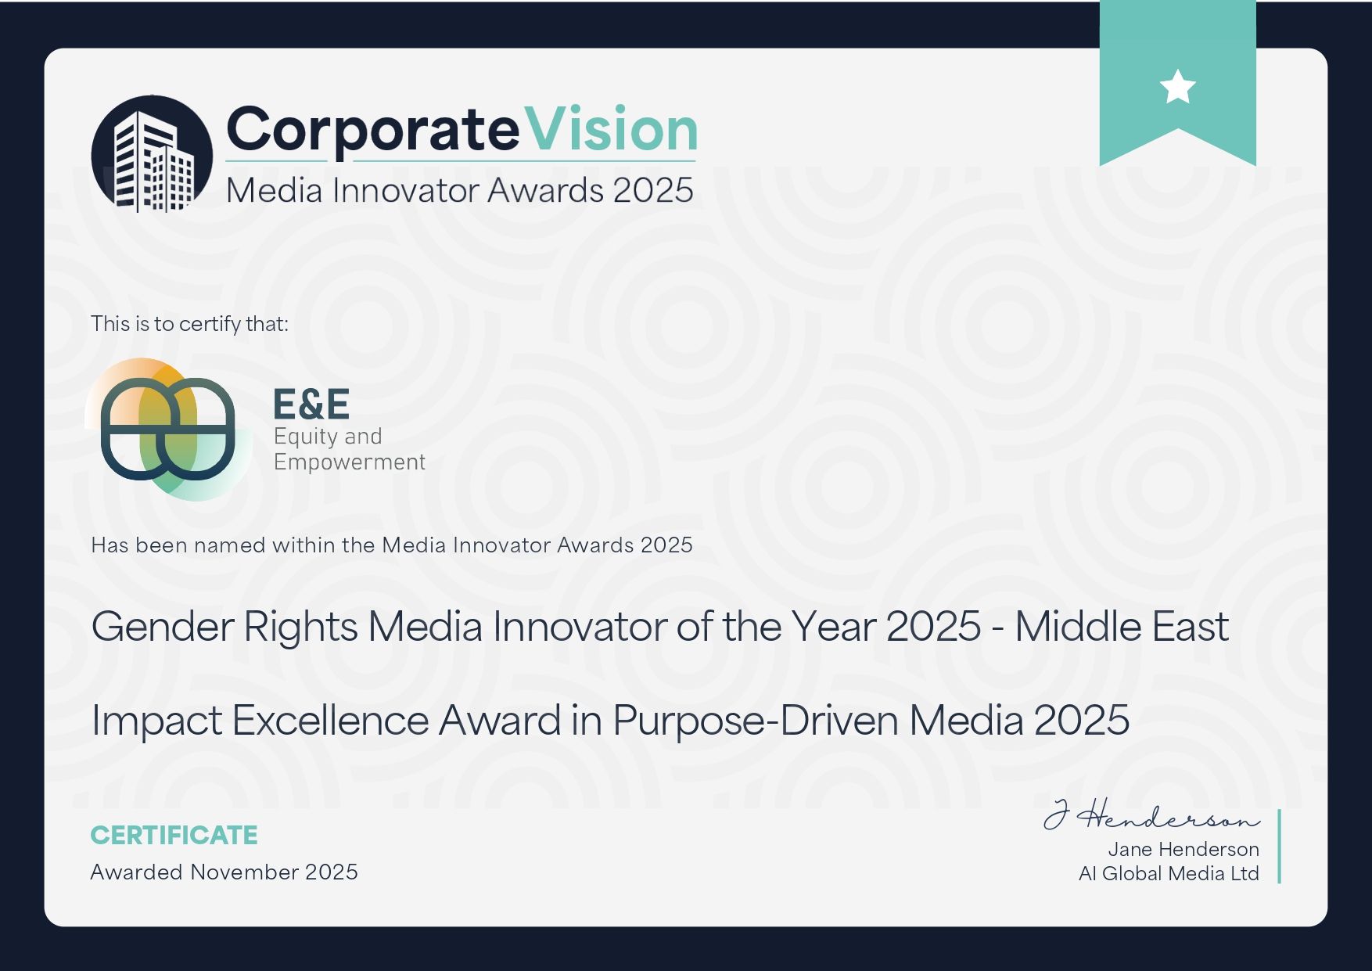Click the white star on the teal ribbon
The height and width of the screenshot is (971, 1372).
[1177, 86]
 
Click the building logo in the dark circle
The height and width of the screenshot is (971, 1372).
[153, 154]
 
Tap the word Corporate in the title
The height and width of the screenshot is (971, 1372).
[372, 131]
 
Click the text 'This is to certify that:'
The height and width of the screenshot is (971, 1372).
[190, 323]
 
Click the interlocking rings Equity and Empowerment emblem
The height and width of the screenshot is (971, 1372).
[168, 429]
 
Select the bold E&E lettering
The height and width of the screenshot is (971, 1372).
[311, 405]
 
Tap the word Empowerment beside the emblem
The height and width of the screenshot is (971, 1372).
[350, 462]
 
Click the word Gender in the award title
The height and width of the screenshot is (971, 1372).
[163, 627]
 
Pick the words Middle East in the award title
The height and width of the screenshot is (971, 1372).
[1122, 627]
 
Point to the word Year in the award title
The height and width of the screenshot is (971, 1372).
[833, 627]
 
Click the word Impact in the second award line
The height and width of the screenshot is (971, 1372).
[156, 721]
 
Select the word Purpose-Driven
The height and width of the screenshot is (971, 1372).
[755, 721]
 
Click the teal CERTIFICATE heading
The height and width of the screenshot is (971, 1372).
[174, 836]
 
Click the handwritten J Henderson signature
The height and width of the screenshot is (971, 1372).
[1151, 815]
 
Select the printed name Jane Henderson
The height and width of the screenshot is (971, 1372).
[1183, 850]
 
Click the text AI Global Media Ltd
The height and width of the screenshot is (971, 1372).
[1169, 874]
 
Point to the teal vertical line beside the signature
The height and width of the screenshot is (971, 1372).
[1280, 847]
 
